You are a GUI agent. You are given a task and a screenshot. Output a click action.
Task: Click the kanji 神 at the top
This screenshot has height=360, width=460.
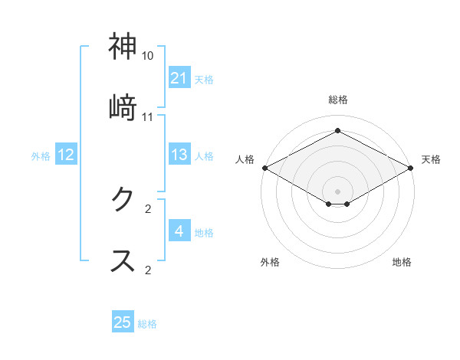click(x=123, y=47)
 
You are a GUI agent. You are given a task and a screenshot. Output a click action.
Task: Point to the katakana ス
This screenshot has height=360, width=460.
click(x=123, y=260)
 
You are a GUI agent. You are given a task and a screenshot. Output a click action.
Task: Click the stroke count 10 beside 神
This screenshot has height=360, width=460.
click(x=148, y=56)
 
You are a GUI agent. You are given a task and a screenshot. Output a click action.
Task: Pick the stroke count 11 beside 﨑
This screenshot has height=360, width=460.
click(x=148, y=116)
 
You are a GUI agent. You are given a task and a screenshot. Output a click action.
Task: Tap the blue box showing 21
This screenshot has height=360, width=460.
click(x=179, y=77)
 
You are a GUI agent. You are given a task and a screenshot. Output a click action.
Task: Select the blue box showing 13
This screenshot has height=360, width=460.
click(x=179, y=155)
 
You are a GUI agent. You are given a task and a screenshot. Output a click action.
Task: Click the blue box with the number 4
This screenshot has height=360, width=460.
click(x=179, y=231)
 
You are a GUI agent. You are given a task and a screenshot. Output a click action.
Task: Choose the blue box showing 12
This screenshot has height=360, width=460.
click(x=66, y=155)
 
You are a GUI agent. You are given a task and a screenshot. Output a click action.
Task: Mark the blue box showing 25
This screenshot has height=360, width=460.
click(x=123, y=322)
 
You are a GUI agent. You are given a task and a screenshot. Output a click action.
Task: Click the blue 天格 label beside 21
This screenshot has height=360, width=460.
click(x=204, y=78)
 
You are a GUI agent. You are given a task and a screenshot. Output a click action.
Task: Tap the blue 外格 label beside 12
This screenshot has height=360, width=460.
click(x=41, y=155)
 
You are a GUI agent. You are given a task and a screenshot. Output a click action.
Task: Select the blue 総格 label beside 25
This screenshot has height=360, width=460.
click(x=147, y=323)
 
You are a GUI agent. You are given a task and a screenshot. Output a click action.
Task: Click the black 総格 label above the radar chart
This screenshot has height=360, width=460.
click(x=338, y=100)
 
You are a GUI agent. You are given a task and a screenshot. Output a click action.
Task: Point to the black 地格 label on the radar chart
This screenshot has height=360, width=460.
click(x=402, y=262)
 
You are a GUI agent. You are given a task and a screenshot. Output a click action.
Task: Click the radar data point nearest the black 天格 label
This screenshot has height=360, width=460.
click(x=412, y=168)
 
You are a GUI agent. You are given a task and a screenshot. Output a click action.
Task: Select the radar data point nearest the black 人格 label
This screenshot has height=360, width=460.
click(x=264, y=168)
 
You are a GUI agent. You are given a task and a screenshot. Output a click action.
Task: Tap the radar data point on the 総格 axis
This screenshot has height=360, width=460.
click(x=338, y=131)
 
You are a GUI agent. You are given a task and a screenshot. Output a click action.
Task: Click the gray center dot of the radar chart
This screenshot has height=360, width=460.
click(x=338, y=191)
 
